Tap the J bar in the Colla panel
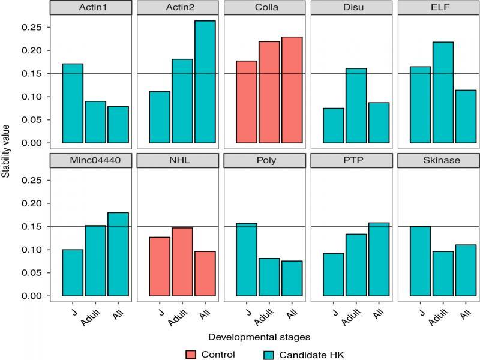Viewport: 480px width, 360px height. click(x=247, y=102)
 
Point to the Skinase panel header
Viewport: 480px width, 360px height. click(x=442, y=161)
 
